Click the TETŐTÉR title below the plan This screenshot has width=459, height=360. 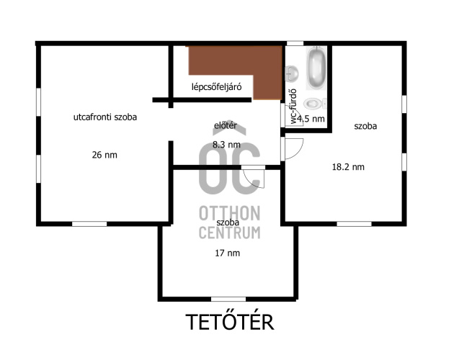(230, 322)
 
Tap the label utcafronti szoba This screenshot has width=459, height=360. (105, 117)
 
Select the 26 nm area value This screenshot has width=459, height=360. (104, 155)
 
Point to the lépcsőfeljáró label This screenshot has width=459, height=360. (217, 87)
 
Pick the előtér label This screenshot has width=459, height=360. (226, 125)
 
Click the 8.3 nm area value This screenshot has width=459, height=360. (226, 145)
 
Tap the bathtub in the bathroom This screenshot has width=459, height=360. (316, 68)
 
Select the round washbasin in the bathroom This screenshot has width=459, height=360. (292, 73)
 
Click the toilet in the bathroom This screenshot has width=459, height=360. (314, 104)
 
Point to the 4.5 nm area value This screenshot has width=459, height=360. (311, 119)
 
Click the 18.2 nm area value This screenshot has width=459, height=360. (348, 167)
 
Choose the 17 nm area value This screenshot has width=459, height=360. (228, 253)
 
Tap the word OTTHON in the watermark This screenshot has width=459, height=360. (229, 213)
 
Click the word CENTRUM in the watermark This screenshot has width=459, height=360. (229, 233)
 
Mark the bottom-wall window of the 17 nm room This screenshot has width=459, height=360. (228, 300)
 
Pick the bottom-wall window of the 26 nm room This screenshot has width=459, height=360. (89, 224)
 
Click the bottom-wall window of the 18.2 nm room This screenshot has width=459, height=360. (354, 224)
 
